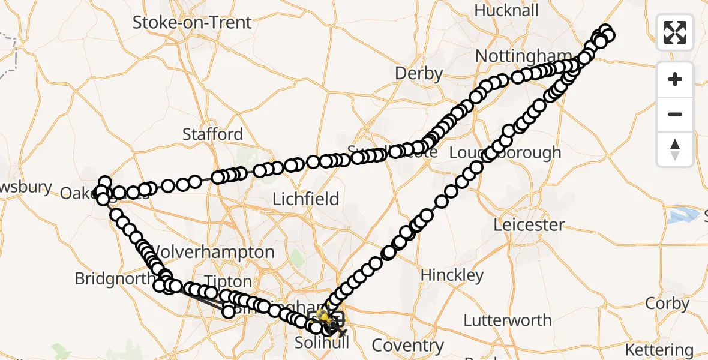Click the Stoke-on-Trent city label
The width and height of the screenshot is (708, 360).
coord(192,23)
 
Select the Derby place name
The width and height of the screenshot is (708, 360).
coord(419,74)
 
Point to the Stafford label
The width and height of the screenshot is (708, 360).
coord(212,134)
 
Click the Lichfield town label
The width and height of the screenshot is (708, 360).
coord(306,199)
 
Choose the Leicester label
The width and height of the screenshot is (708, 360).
coord(529,225)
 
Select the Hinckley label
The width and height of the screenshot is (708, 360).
coord(452,275)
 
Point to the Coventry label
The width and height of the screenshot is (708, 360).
coord(407,346)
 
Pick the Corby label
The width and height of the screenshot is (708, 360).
coord(667,304)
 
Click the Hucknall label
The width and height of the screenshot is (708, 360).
coord(506,11)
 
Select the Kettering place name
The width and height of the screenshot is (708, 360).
coord(659,349)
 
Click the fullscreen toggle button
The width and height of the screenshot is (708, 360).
coord(675,32)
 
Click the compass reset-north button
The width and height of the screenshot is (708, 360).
coord(675,149)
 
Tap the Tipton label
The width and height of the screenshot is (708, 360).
coord(229,281)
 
